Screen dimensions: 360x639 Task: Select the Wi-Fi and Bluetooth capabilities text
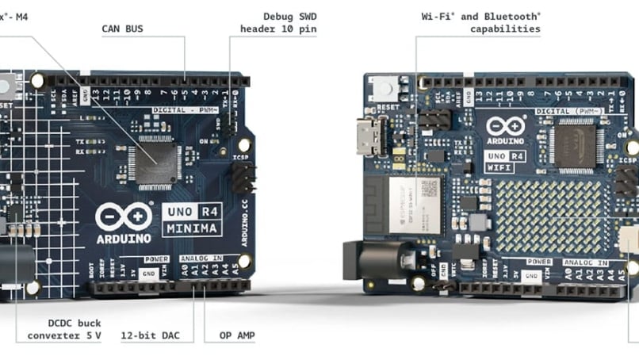tap(480, 22)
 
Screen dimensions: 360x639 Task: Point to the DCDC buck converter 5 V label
tap(64, 329)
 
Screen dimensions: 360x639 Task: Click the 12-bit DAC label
tap(150, 335)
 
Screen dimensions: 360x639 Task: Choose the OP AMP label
tap(236, 335)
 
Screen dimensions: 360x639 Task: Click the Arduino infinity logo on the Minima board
tap(122, 216)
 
